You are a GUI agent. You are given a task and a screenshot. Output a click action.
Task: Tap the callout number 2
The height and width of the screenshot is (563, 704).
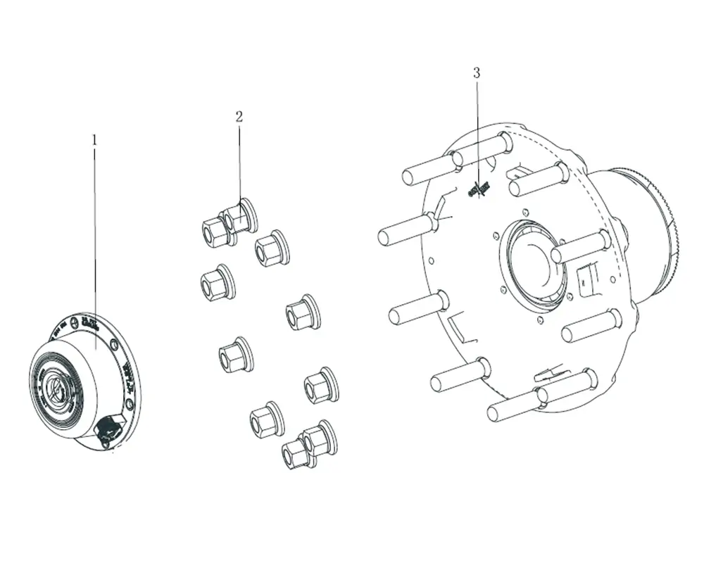239,116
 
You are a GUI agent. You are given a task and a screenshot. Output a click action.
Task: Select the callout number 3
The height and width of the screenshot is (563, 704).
477,72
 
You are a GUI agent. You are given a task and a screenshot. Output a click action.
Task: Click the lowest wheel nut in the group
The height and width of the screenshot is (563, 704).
296,454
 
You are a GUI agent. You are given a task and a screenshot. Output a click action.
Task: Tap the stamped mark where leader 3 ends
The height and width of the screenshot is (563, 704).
479,188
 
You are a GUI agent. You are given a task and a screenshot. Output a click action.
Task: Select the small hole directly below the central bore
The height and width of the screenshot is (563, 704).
539,320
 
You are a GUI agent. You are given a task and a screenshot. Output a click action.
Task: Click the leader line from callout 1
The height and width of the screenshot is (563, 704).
95,246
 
